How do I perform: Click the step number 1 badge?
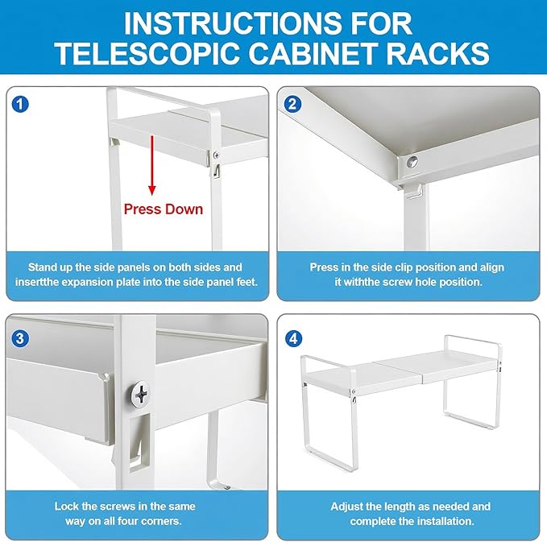(x=20, y=104)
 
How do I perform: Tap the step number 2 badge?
(x=292, y=104)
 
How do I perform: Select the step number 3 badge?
(x=19, y=339)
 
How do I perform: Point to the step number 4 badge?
(x=293, y=339)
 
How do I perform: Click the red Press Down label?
(x=164, y=209)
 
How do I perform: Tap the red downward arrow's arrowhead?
(x=151, y=190)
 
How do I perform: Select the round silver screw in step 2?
(x=412, y=162)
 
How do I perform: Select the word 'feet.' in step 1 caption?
(x=247, y=282)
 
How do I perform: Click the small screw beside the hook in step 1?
(x=216, y=155)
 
